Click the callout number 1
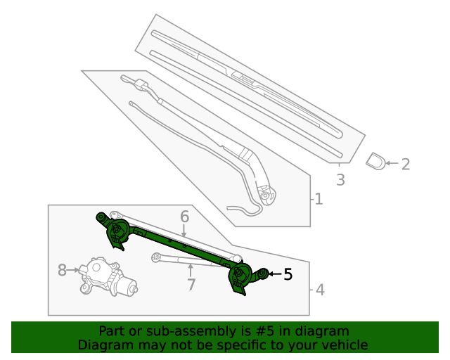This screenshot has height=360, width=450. point(319,200)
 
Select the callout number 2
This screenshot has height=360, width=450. point(405,165)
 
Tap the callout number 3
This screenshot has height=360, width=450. point(340,180)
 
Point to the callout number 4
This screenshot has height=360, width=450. point(320,289)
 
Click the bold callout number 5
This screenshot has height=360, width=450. point(288,275)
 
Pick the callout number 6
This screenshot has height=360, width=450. point(184,217)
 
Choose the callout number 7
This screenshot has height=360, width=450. point(190,285)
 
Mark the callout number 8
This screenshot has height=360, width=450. point(63,270)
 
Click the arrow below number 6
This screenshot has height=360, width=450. point(184,231)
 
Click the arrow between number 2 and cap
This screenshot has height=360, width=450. point(392,164)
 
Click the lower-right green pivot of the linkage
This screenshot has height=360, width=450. point(243,276)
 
